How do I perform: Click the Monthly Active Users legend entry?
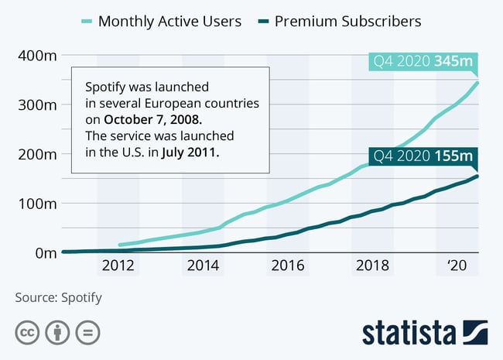tap(169, 21)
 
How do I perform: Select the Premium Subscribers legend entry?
tap(347, 21)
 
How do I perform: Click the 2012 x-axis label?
tap(118, 266)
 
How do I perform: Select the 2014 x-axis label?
tap(203, 266)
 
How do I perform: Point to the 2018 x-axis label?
tap(372, 266)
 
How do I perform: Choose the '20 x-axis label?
tap(457, 266)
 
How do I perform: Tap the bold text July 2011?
tap(190, 153)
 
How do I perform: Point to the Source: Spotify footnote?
tap(58, 297)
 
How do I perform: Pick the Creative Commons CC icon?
tap(27, 333)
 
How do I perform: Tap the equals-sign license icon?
tap(88, 333)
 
